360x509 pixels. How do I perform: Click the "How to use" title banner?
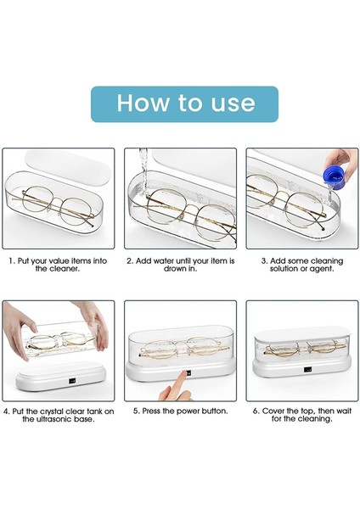(184, 103)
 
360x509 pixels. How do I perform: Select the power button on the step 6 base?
(307, 369)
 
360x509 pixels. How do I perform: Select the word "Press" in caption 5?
(151, 411)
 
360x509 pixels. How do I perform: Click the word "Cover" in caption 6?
(273, 411)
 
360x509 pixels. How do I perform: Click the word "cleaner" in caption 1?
(65, 269)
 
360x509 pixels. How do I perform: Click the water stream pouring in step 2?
(143, 171)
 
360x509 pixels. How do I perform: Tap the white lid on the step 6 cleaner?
(302, 332)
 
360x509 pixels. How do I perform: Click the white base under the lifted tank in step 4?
(61, 377)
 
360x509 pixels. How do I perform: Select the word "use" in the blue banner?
(233, 103)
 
